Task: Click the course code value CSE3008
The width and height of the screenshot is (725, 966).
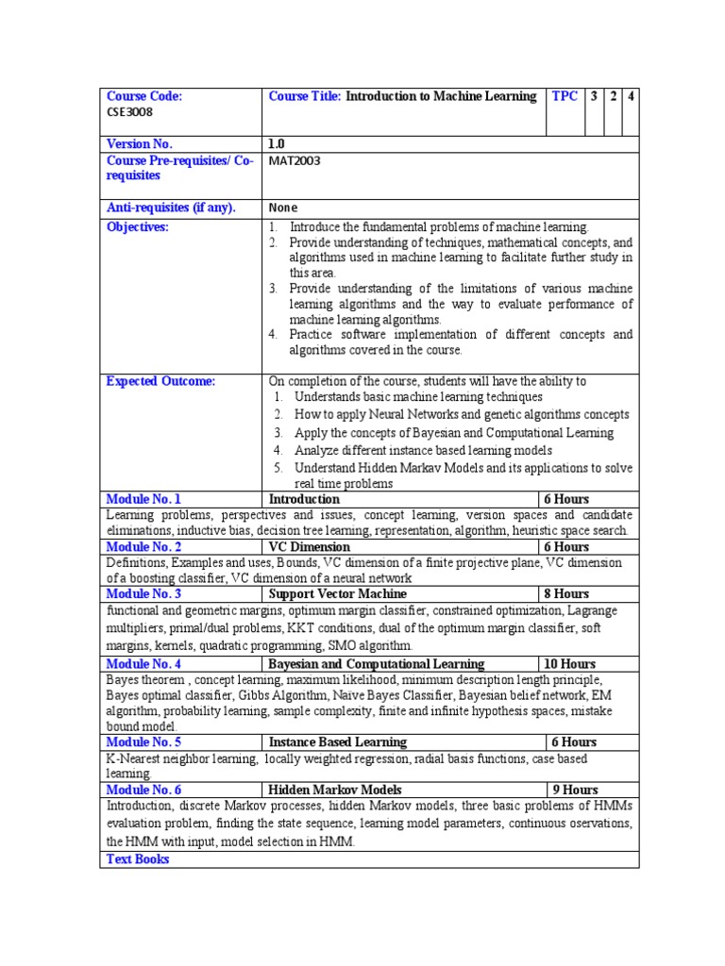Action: click(130, 111)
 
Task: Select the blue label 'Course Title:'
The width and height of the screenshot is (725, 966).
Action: click(305, 96)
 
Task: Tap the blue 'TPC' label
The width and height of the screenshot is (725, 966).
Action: click(565, 96)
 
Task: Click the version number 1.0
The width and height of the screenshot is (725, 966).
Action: click(278, 144)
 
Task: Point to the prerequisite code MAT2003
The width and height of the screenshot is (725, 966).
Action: click(295, 160)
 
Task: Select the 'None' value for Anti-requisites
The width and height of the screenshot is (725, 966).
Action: click(282, 208)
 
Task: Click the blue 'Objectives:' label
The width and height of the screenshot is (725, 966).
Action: click(137, 227)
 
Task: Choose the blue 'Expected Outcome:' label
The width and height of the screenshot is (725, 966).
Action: click(160, 381)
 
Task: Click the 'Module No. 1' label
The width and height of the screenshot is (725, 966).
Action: click(143, 499)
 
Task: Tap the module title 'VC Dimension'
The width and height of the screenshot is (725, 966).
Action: click(309, 547)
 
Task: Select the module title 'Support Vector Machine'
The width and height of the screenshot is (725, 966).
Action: click(337, 594)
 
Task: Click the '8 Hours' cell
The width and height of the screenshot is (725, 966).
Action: click(565, 594)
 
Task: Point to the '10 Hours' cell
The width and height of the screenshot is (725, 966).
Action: click(568, 664)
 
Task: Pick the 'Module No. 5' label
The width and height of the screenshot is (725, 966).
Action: click(143, 742)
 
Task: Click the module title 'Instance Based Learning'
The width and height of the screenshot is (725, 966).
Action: click(337, 742)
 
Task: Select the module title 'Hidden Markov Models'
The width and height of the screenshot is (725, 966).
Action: click(334, 790)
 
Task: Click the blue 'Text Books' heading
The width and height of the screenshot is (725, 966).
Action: click(138, 859)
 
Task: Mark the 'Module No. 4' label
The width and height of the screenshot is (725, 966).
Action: click(143, 664)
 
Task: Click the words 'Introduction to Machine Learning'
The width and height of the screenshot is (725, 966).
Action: click(441, 96)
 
